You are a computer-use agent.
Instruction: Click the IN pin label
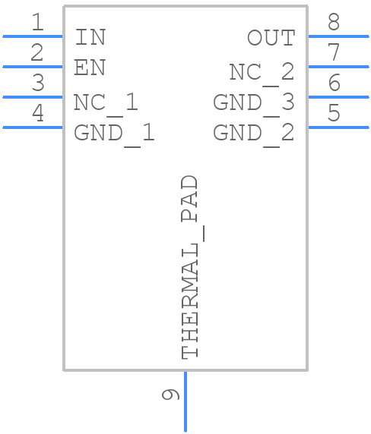point(90,37)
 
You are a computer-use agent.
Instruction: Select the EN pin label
point(90,68)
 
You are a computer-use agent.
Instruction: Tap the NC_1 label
point(106,102)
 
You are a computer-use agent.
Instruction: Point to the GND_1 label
point(114,133)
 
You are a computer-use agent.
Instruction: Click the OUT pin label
point(271,37)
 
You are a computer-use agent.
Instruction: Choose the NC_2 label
point(262,72)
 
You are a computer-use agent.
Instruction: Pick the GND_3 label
point(253,102)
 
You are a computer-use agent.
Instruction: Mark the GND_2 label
point(253,133)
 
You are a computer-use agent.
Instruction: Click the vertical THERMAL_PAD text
point(190,267)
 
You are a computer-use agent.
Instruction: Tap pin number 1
point(37,23)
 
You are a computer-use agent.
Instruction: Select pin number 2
point(37,53)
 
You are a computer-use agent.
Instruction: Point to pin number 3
point(37,83)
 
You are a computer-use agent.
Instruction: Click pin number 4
point(37,114)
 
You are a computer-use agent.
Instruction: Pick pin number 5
point(334,114)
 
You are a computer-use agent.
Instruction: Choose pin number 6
point(334,83)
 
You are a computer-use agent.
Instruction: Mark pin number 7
point(334,53)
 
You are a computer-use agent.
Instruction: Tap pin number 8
point(334,23)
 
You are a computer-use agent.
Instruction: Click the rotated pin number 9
point(171,395)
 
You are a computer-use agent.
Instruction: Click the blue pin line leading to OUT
point(338,36)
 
